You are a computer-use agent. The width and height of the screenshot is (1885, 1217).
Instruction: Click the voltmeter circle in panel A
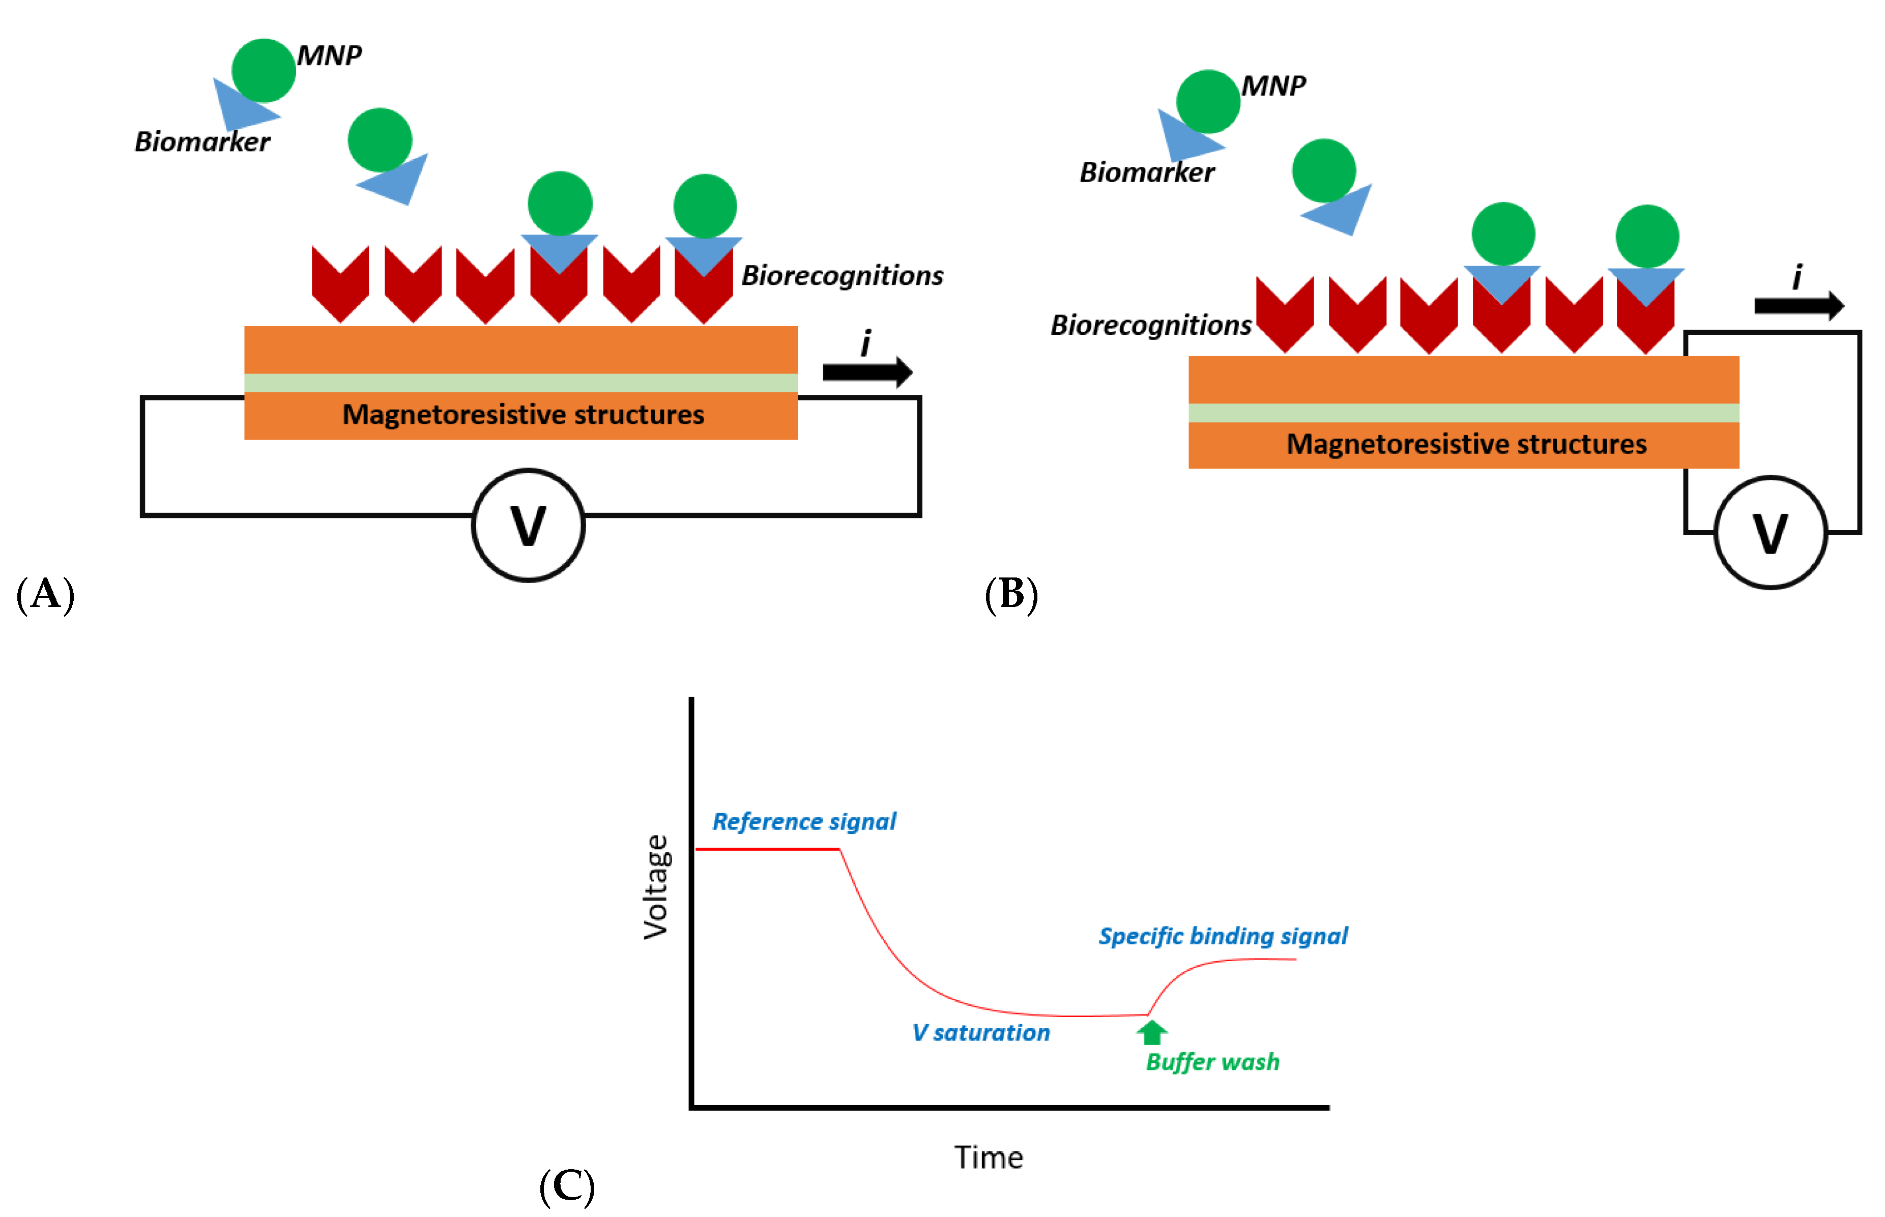(x=528, y=526)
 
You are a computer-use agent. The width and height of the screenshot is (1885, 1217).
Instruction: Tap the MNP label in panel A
(x=330, y=55)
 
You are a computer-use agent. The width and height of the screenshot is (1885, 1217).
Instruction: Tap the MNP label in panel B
(x=1273, y=85)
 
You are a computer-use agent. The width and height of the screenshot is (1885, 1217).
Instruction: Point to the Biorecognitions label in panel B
(x=1150, y=325)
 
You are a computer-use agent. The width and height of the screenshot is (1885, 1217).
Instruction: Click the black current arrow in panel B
(x=1798, y=305)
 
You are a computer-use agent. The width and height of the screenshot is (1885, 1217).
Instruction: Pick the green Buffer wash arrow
(x=1151, y=1032)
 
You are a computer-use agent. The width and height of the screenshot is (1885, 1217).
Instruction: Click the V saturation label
(x=980, y=1033)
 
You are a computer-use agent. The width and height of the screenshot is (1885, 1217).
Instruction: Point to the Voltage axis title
(x=656, y=887)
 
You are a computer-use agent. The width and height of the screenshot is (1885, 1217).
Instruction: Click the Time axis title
(x=989, y=1158)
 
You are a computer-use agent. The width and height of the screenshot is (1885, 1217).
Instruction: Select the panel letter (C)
(x=566, y=1186)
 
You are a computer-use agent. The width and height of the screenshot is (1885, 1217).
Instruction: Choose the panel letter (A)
(x=45, y=594)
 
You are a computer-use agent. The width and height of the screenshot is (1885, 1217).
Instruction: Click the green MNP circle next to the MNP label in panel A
(x=263, y=70)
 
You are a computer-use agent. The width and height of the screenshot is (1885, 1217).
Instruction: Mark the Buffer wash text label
(x=1212, y=1062)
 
